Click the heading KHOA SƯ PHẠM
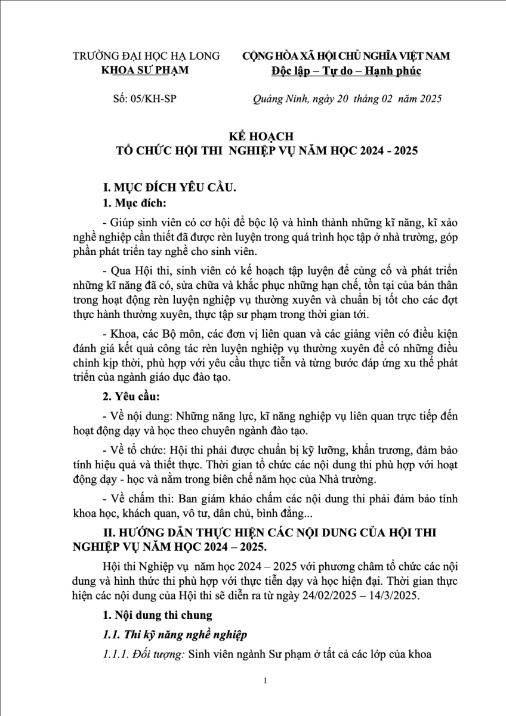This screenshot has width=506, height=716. [146, 70]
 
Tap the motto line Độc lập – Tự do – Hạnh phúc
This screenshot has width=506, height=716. [345, 70]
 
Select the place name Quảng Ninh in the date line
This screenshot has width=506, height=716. [279, 99]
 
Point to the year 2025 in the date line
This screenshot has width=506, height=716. [429, 99]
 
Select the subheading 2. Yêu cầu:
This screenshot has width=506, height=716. [132, 396]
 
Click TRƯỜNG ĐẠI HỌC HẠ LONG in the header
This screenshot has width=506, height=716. [146, 56]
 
